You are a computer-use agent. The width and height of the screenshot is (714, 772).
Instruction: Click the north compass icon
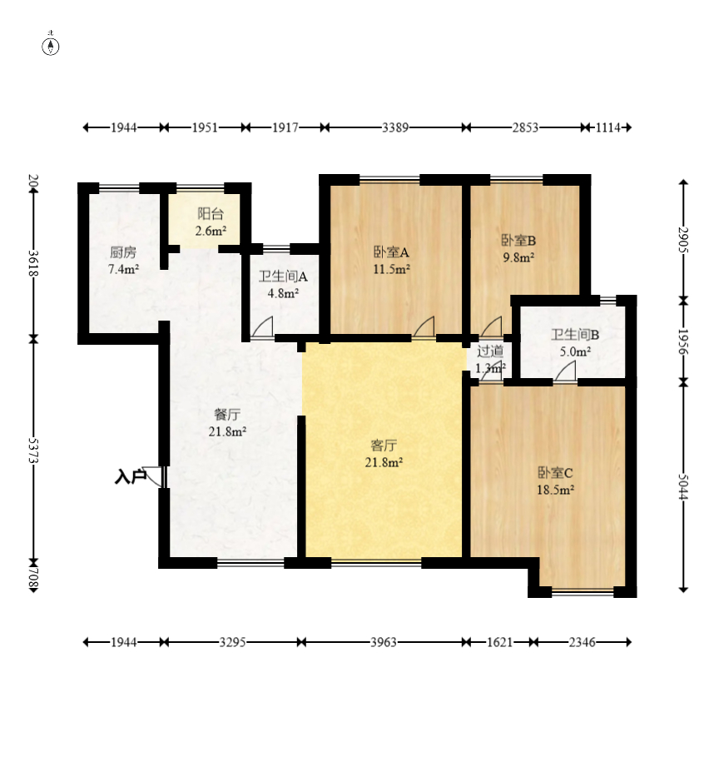(x=50, y=46)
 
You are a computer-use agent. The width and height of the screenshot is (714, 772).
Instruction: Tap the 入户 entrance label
(x=130, y=476)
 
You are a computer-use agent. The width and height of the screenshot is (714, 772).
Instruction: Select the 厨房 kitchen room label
(x=123, y=252)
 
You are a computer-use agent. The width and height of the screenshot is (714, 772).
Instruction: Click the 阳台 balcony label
(x=211, y=214)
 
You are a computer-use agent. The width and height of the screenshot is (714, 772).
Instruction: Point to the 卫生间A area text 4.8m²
(x=283, y=293)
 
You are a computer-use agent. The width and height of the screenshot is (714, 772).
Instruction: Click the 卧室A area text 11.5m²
(x=392, y=269)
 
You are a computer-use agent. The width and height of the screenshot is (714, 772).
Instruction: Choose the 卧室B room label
(x=518, y=241)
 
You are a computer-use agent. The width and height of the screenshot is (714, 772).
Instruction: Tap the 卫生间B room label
(x=575, y=335)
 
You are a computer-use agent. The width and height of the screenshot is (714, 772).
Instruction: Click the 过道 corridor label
(x=490, y=351)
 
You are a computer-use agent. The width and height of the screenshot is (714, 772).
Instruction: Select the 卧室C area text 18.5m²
(x=556, y=490)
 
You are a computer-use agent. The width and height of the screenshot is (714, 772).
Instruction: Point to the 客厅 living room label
(x=384, y=446)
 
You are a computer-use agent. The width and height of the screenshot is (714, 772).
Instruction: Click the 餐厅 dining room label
(x=227, y=415)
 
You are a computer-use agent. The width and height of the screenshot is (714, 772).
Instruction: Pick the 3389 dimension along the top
(x=395, y=128)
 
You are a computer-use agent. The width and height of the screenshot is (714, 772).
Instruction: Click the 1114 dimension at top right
(x=608, y=128)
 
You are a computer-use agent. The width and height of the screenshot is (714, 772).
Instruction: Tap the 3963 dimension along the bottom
(x=384, y=642)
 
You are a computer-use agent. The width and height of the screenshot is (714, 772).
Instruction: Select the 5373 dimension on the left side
(x=33, y=451)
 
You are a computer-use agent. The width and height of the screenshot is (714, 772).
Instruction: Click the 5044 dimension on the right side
(x=683, y=486)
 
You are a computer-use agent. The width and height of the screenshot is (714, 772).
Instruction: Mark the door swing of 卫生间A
(x=262, y=327)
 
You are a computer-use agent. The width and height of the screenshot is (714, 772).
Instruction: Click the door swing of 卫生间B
(x=565, y=371)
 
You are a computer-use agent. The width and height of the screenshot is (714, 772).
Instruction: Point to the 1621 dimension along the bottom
(x=499, y=642)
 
